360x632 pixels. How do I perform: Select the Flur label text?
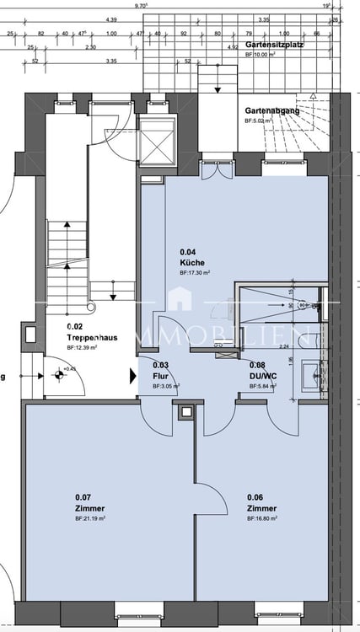tap(160, 376)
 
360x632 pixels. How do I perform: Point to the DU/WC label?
tap(261, 376)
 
